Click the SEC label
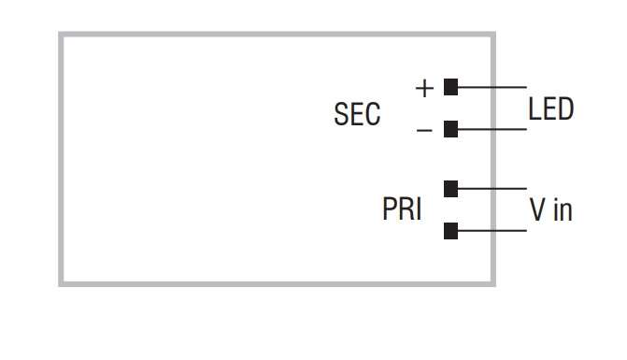point(357,114)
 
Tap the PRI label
point(402,209)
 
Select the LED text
point(550,109)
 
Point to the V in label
point(550,210)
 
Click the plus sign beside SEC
point(424,89)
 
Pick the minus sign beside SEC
point(424,130)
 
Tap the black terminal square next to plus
point(450,88)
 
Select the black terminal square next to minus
point(450,129)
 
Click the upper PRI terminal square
point(450,189)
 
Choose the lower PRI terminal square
point(450,230)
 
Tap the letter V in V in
point(537,210)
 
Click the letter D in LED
point(564,109)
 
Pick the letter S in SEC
point(341,114)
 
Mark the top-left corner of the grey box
point(62,36)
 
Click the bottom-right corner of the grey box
point(492,282)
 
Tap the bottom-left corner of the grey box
point(62,282)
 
